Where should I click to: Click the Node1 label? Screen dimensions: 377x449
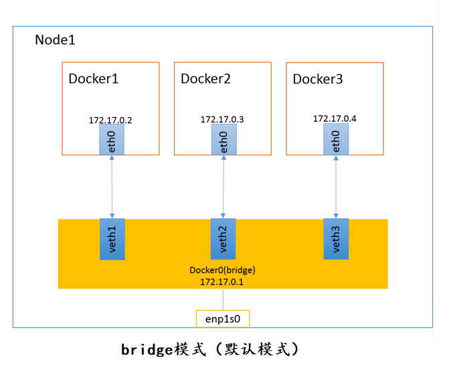(55, 40)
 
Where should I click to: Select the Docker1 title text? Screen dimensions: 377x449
(94, 79)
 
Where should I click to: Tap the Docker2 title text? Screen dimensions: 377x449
(205, 79)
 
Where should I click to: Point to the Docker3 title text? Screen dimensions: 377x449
(318, 80)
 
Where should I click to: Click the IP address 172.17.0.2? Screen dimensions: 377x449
(110, 121)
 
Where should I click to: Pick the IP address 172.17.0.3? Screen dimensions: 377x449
(222, 119)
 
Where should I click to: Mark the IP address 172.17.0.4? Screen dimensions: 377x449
(335, 119)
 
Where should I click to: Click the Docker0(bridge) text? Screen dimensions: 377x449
(223, 270)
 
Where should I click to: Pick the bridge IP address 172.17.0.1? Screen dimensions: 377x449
(222, 281)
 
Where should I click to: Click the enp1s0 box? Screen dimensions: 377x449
(222, 319)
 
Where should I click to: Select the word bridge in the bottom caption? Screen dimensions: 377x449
(147, 350)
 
